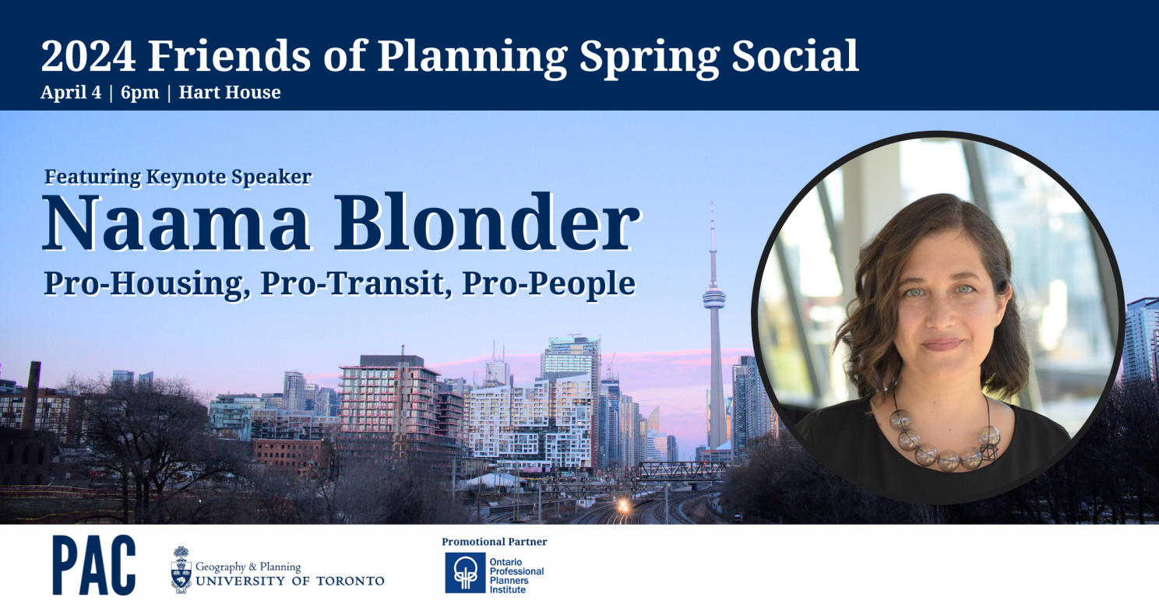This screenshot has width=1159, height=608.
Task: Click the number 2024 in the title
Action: pyautogui.click(x=89, y=55)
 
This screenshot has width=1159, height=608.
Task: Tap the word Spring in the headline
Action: pyautogui.click(x=649, y=58)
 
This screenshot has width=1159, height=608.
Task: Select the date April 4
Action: pyautogui.click(x=71, y=93)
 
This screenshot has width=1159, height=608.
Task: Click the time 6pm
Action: pyautogui.click(x=139, y=93)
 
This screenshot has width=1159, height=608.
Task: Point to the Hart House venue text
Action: pyautogui.click(x=230, y=92)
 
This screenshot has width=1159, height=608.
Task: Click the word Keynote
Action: pyautogui.click(x=185, y=177)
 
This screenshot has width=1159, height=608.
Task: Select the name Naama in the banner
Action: pyautogui.click(x=176, y=223)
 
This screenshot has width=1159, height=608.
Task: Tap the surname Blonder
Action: pyautogui.click(x=488, y=223)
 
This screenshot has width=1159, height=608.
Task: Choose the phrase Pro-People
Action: pyautogui.click(x=548, y=283)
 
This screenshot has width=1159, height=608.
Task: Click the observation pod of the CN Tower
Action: pyautogui.click(x=714, y=299)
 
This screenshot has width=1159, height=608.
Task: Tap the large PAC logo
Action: pyautogui.click(x=93, y=565)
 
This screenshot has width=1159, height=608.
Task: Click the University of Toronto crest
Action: pyautogui.click(x=181, y=569)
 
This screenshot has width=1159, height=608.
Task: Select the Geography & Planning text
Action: pyautogui.click(x=248, y=567)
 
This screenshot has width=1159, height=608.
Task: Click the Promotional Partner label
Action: pyautogui.click(x=494, y=542)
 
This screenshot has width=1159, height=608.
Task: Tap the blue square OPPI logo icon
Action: pyautogui.click(x=465, y=572)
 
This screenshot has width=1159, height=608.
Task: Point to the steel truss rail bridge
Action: pyautogui.click(x=682, y=470)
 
